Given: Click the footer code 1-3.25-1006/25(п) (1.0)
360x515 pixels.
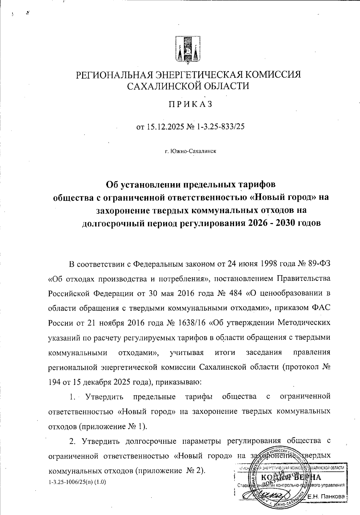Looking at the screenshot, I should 77,482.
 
